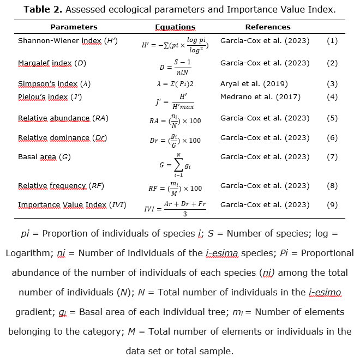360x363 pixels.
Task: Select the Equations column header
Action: click(x=175, y=27)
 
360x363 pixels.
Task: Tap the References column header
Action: click(x=267, y=27)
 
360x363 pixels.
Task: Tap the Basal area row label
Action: click(x=44, y=157)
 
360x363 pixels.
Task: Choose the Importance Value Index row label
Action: click(x=72, y=205)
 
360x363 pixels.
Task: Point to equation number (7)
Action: click(x=332, y=157)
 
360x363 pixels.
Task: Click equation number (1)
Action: click(x=332, y=41)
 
